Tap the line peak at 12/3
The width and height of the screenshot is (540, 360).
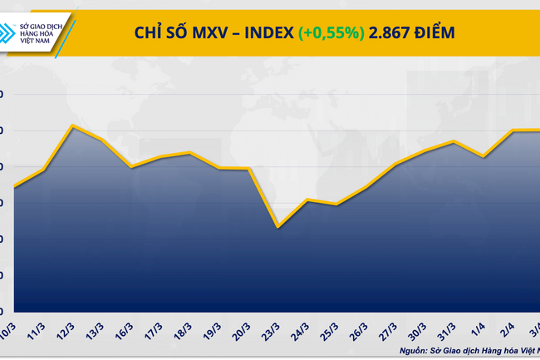coord(73,126)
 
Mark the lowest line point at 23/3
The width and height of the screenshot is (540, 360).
coord(277,227)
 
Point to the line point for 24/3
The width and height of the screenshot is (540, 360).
coord(307,200)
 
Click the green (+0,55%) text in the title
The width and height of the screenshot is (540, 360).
coord(331,32)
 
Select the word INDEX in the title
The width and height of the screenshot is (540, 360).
coord(266,32)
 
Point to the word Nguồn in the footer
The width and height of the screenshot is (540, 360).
coord(425,350)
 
